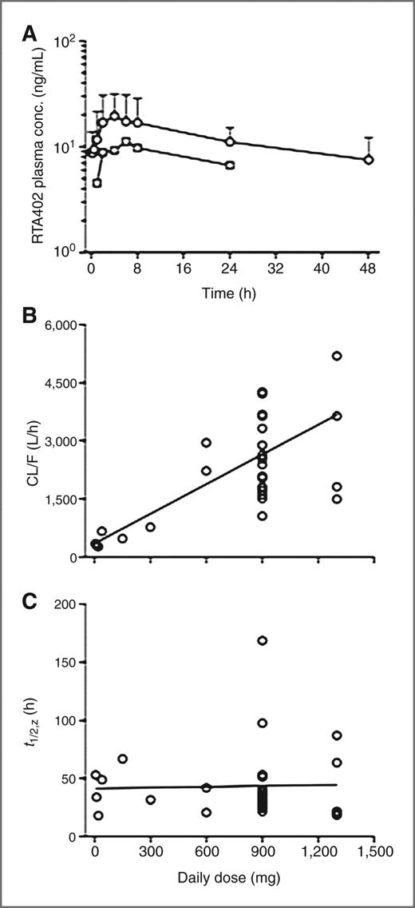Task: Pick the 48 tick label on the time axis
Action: [369, 269]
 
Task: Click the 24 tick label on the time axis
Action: [230, 269]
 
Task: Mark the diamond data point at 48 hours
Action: [369, 160]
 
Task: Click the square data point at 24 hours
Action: [230, 165]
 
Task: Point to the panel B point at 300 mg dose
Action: [150, 527]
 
